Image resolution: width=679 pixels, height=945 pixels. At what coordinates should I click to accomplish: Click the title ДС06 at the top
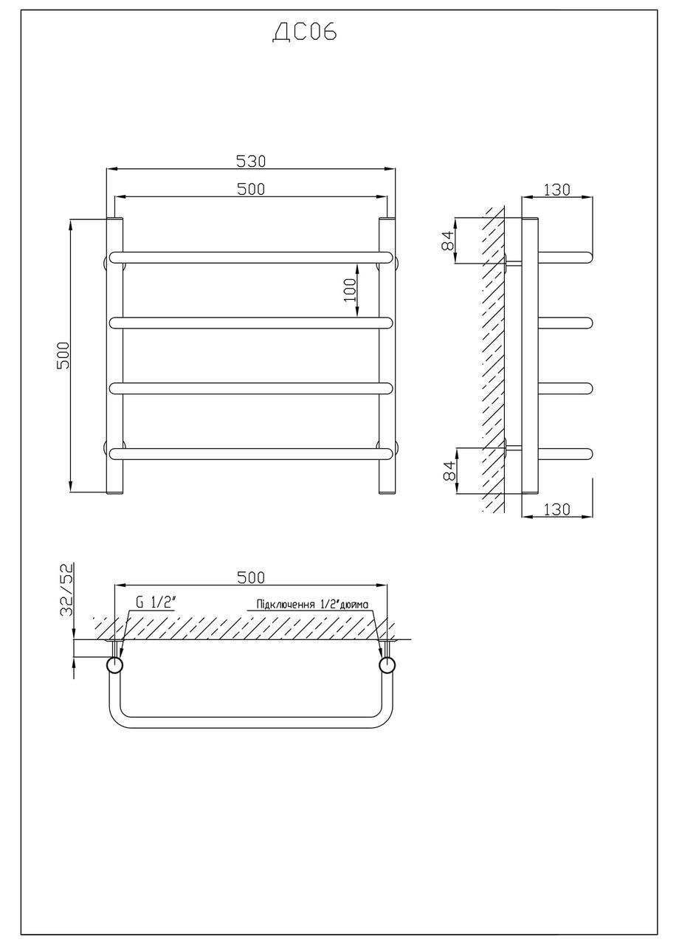click(x=305, y=33)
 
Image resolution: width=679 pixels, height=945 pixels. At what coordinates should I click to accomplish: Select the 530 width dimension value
click(x=251, y=161)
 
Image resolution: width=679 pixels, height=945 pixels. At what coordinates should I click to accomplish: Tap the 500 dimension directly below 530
click(x=251, y=189)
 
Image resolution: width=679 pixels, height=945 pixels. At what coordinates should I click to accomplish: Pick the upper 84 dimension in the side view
click(x=447, y=241)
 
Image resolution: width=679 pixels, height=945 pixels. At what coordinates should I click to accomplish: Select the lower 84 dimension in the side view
click(x=447, y=470)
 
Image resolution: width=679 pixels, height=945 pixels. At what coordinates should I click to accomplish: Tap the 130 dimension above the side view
click(x=557, y=189)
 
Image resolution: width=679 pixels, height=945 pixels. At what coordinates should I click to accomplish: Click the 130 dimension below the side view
click(x=557, y=509)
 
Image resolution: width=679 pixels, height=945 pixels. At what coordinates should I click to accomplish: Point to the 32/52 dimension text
click(x=66, y=590)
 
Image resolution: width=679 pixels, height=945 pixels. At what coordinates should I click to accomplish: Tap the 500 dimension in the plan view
click(x=251, y=577)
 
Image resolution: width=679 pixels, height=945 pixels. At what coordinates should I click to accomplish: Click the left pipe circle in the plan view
click(x=114, y=665)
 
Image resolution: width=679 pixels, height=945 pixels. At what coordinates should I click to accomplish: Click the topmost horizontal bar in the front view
click(x=251, y=257)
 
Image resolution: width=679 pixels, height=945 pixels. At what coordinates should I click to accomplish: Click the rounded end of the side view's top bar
click(x=587, y=257)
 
